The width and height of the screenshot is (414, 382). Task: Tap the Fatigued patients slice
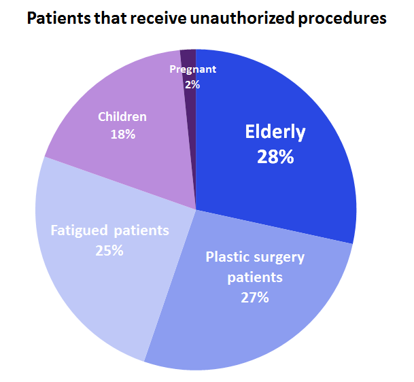coord(95,292)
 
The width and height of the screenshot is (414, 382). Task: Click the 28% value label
coord(275,157)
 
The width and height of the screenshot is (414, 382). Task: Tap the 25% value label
coord(109,250)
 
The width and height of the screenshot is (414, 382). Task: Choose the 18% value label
coord(122,134)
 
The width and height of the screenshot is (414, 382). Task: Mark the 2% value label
coord(192,84)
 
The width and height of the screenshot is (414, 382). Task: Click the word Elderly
coord(275,132)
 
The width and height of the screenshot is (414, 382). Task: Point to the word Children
coord(122,117)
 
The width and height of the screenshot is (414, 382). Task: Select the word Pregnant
coord(192,69)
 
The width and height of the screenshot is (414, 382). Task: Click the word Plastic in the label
coord(226,257)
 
